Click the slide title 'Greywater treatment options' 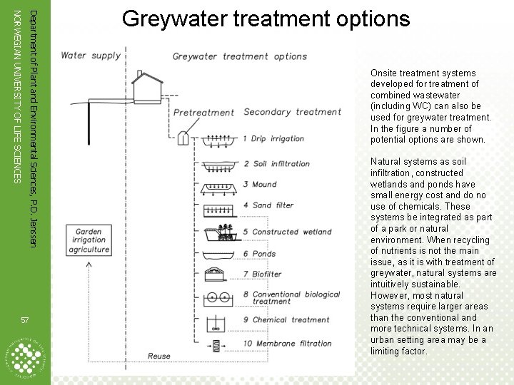point(266,19)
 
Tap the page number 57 point(25,319)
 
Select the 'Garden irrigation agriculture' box point(90,240)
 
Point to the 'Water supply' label point(91,56)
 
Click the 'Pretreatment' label point(203,113)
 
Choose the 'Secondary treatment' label point(292,112)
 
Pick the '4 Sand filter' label point(268,205)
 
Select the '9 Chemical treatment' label point(286,320)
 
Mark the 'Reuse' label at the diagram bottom point(159,356)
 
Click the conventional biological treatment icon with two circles point(217,298)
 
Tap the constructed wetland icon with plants point(218,232)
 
